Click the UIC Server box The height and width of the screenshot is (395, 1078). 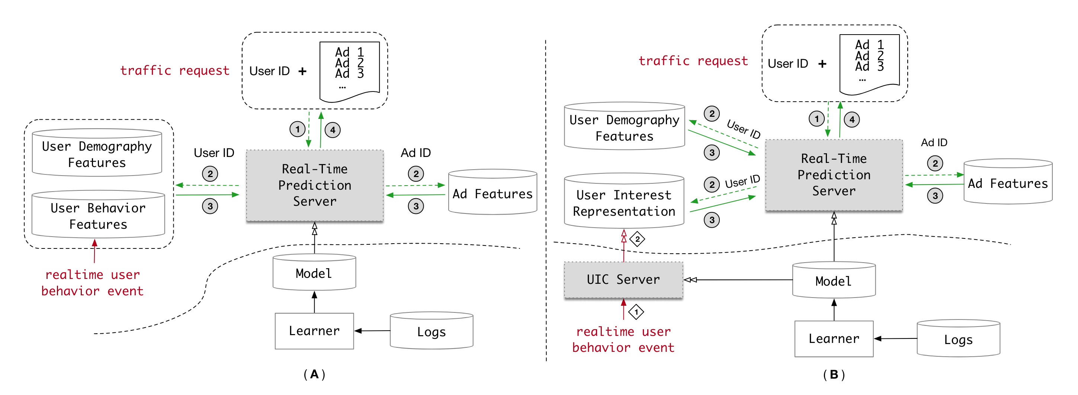coord(623,280)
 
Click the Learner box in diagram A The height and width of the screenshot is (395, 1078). coord(314,331)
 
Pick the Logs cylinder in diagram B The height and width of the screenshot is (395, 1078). coord(958,339)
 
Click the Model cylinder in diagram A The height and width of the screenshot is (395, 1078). coord(314,273)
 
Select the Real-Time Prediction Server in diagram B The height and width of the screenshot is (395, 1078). coord(834,175)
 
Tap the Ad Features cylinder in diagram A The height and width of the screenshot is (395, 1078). coord(493,193)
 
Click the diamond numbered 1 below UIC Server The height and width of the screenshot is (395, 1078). coord(636,312)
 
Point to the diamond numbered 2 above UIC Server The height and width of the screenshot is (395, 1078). coord(637,240)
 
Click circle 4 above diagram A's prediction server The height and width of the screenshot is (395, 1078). coord(333,130)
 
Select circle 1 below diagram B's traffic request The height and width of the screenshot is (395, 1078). coord(816,119)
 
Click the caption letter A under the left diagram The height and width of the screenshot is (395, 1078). coord(314,374)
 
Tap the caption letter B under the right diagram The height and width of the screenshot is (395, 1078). coord(834,375)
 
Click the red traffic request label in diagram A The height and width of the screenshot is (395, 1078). coord(175,70)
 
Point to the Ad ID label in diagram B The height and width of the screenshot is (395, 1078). coord(934,143)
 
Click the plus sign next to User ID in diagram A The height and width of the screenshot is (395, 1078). coord(302,71)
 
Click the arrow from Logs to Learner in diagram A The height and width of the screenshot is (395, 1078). coord(372,331)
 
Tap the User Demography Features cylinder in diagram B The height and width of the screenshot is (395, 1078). coord(624,127)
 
